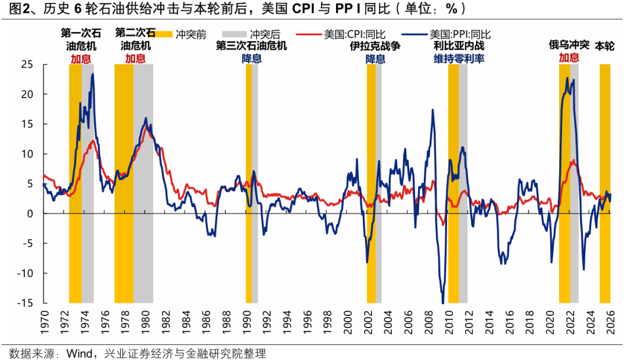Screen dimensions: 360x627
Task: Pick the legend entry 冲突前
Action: coord(189,34)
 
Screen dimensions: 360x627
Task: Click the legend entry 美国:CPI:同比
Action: coord(353,34)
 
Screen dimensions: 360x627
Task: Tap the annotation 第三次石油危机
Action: coord(251,46)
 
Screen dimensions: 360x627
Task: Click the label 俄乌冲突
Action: coord(569,45)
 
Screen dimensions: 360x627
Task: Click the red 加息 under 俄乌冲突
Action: coord(569,57)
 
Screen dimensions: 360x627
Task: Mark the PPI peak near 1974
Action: coord(93,74)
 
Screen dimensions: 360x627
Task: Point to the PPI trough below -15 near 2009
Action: coord(443,303)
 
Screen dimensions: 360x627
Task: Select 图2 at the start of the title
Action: coord(14,9)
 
